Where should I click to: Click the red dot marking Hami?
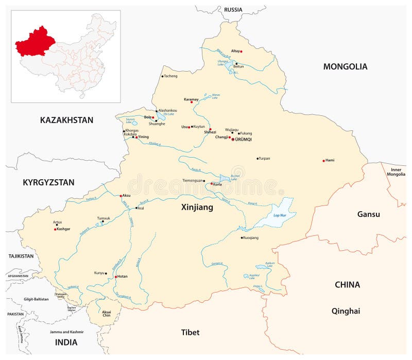pos(323,161)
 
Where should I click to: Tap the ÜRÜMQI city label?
pos(244,140)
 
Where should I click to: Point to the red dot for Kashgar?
pos(55,229)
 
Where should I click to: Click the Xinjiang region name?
pos(197,208)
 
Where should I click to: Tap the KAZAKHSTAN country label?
pos(66,120)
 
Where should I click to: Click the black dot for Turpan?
pos(257,159)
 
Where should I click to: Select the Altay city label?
pos(235,51)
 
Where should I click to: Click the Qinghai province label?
pos(346,311)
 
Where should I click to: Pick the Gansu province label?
pos(368,214)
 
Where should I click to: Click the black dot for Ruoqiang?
pos(242,237)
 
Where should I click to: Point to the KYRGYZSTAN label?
pos(48,182)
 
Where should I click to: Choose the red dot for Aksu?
pos(121,196)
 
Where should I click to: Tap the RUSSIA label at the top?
pos(233,9)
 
